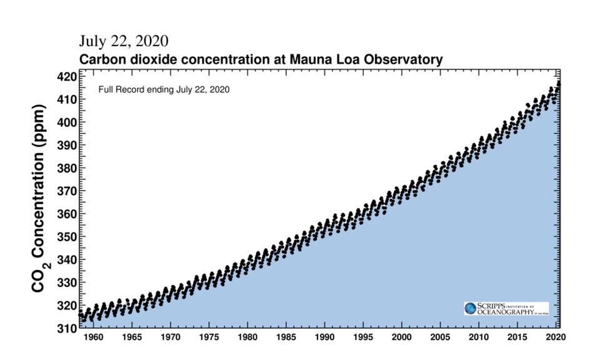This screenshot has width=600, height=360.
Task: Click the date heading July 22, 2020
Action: coord(123,41)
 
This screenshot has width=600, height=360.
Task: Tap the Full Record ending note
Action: coord(164,89)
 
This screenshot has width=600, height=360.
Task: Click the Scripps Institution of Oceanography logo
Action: coord(506,309)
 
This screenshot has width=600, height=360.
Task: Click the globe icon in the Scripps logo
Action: coord(470,309)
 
